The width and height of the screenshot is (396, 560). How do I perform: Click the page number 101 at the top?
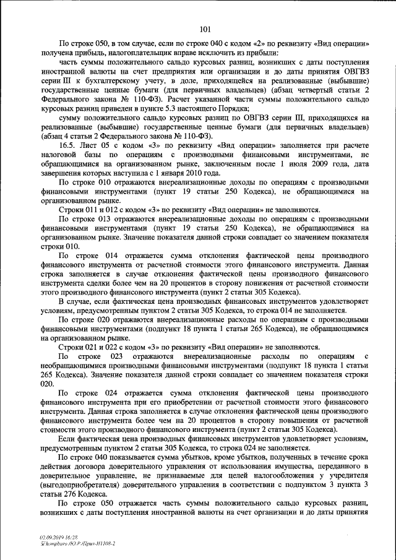206,27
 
